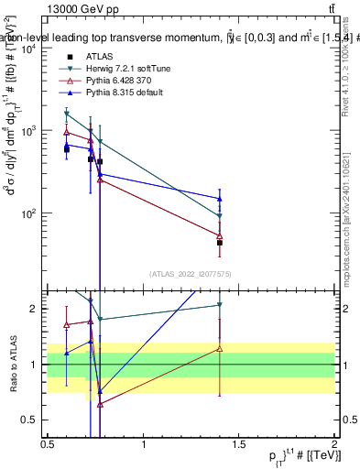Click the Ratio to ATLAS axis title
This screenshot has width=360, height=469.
12,364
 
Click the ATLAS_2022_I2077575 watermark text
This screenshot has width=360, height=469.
191,273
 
